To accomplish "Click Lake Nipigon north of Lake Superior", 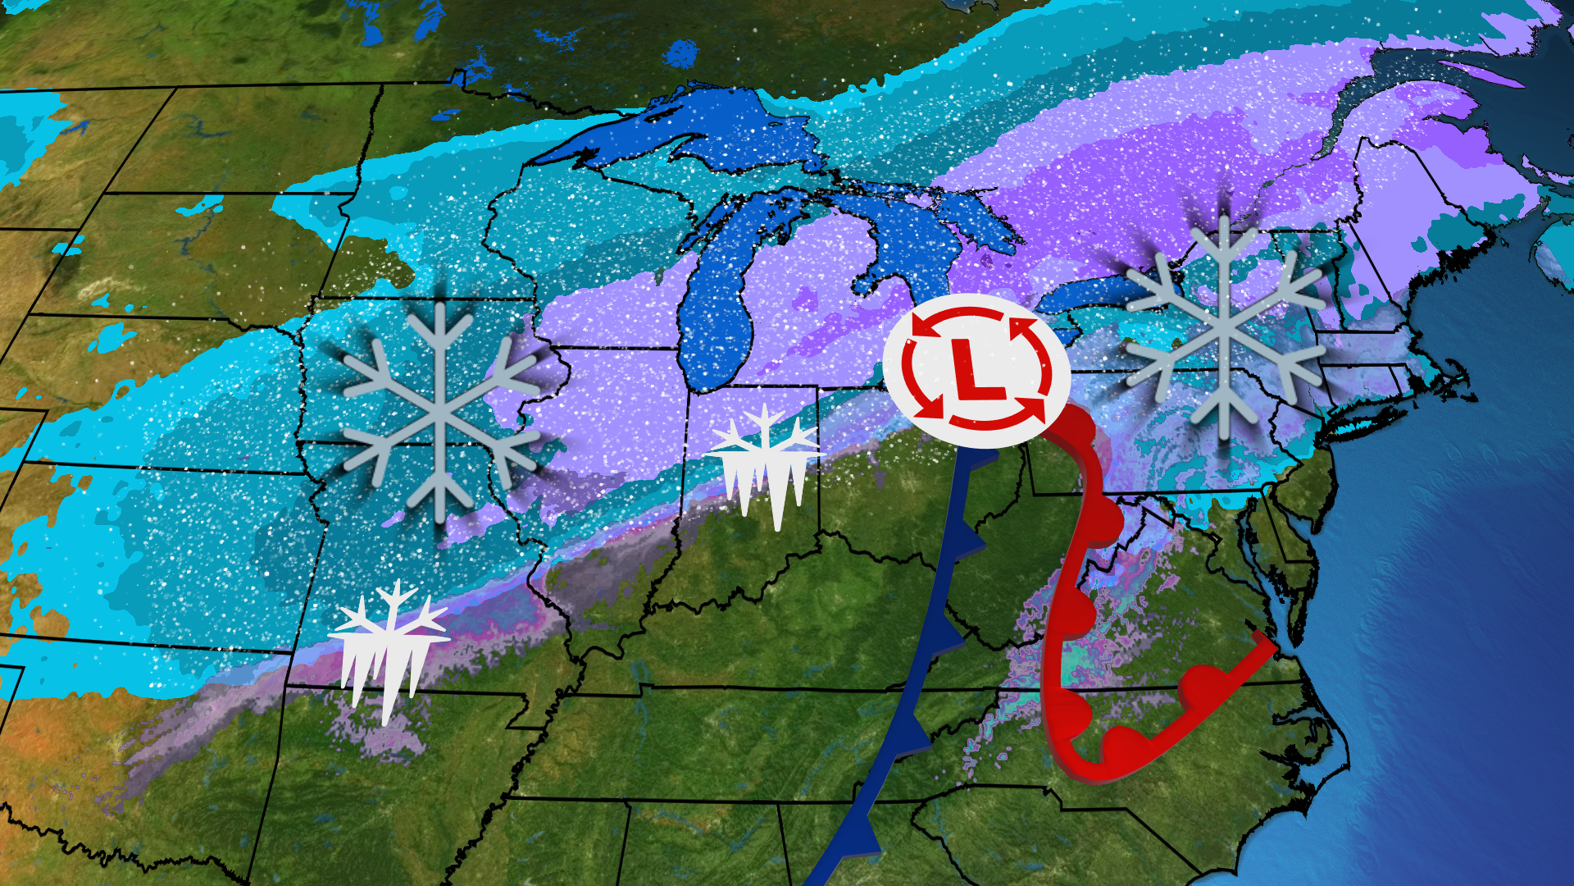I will [x=679, y=54].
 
